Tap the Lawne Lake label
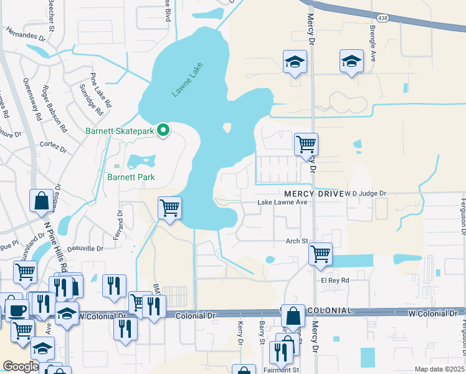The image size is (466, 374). pos(188,83)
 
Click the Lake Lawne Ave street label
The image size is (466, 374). pos(283,203)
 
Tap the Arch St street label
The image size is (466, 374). pos(297,241)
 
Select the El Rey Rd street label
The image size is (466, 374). pos(335,280)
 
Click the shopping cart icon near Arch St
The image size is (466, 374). pos(320,254)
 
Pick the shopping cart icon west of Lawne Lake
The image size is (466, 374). pos(169,208)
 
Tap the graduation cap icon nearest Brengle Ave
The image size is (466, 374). pos(351,61)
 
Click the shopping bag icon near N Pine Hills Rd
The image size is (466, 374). pos(41,201)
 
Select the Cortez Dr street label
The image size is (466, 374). pos(53,145)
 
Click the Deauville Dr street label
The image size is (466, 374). pos(85,249)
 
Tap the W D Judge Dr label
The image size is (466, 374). pos(366,194)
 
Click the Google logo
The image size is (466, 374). pos(21,367)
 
